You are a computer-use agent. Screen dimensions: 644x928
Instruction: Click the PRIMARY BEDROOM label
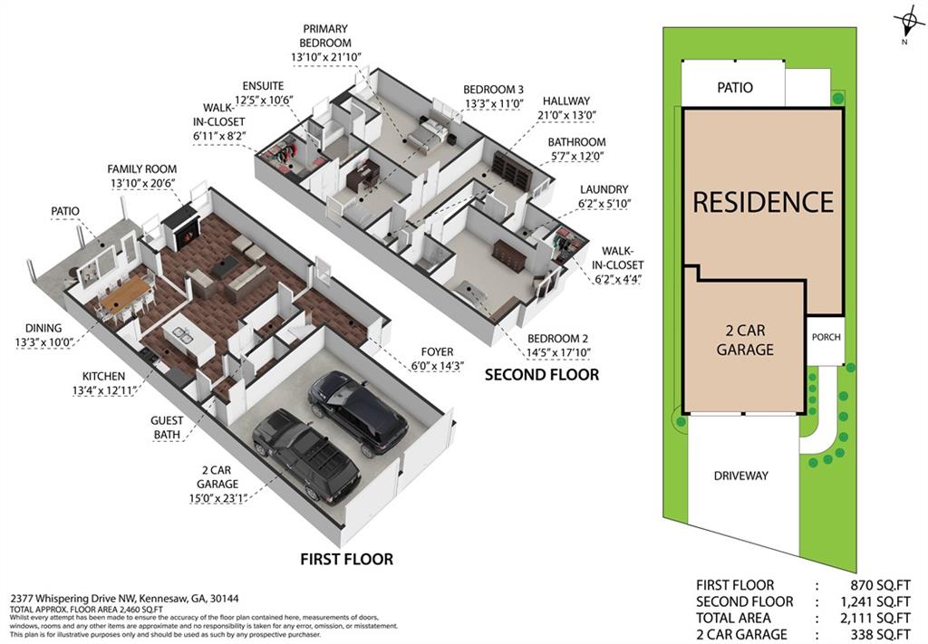(x=326, y=35)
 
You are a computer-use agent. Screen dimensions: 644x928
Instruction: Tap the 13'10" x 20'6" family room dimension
(x=141, y=184)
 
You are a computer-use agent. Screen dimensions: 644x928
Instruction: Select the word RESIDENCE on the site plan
(x=762, y=201)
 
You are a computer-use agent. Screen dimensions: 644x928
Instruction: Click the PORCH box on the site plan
(x=826, y=337)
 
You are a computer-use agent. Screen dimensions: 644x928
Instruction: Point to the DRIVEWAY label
(x=740, y=476)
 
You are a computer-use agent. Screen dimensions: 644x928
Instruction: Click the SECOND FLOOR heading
(x=542, y=374)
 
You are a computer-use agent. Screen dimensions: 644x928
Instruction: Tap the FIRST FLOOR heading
(x=347, y=559)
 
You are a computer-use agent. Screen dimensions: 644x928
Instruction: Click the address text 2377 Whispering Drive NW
(x=86, y=599)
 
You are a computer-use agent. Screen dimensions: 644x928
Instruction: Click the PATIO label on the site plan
(x=735, y=88)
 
